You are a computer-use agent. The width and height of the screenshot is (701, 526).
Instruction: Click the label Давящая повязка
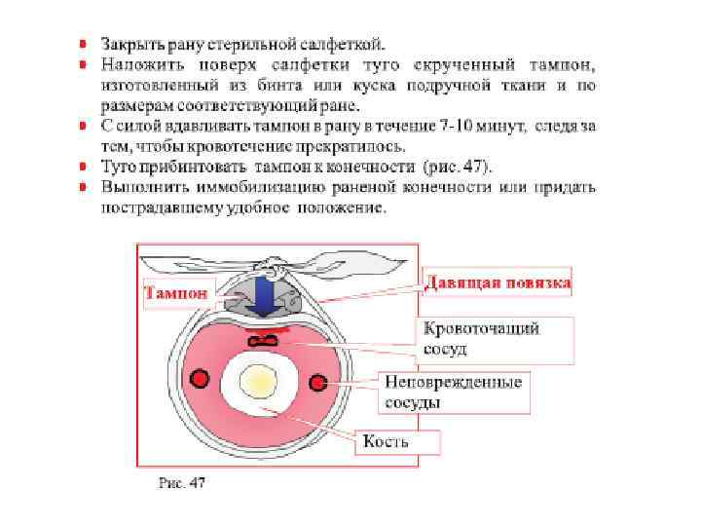coord(497,282)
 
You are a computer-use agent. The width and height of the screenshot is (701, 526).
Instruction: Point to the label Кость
coord(386,442)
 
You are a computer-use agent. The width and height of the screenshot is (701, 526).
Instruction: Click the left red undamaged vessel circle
coord(200,378)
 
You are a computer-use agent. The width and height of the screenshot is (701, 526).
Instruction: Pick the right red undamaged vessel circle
coord(317,379)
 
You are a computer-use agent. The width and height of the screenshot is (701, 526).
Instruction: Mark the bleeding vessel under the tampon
coord(264,339)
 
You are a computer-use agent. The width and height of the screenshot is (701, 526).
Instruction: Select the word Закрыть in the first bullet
coord(130,44)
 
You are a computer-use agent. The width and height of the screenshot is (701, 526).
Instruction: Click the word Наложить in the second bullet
coord(136,65)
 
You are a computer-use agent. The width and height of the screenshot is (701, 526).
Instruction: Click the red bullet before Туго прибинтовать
coord(85,168)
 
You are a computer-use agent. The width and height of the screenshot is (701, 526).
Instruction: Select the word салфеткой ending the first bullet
coord(348,44)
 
